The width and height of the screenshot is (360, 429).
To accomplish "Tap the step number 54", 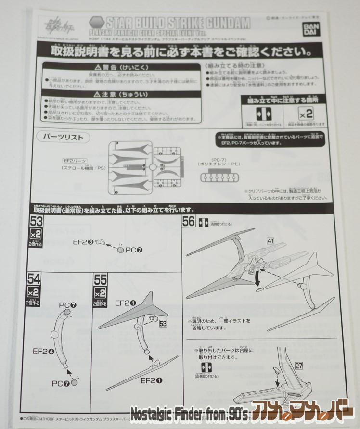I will [x=34, y=278].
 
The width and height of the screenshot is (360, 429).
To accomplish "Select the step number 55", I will [x=100, y=278].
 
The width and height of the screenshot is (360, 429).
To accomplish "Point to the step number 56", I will [x=188, y=222].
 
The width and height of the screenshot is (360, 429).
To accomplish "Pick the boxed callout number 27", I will [x=299, y=366].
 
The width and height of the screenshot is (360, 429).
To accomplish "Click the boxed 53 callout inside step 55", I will [x=163, y=324].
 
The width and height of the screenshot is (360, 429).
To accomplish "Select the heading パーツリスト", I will [x=63, y=137].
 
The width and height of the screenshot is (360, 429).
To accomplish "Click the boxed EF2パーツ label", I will [x=74, y=160].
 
